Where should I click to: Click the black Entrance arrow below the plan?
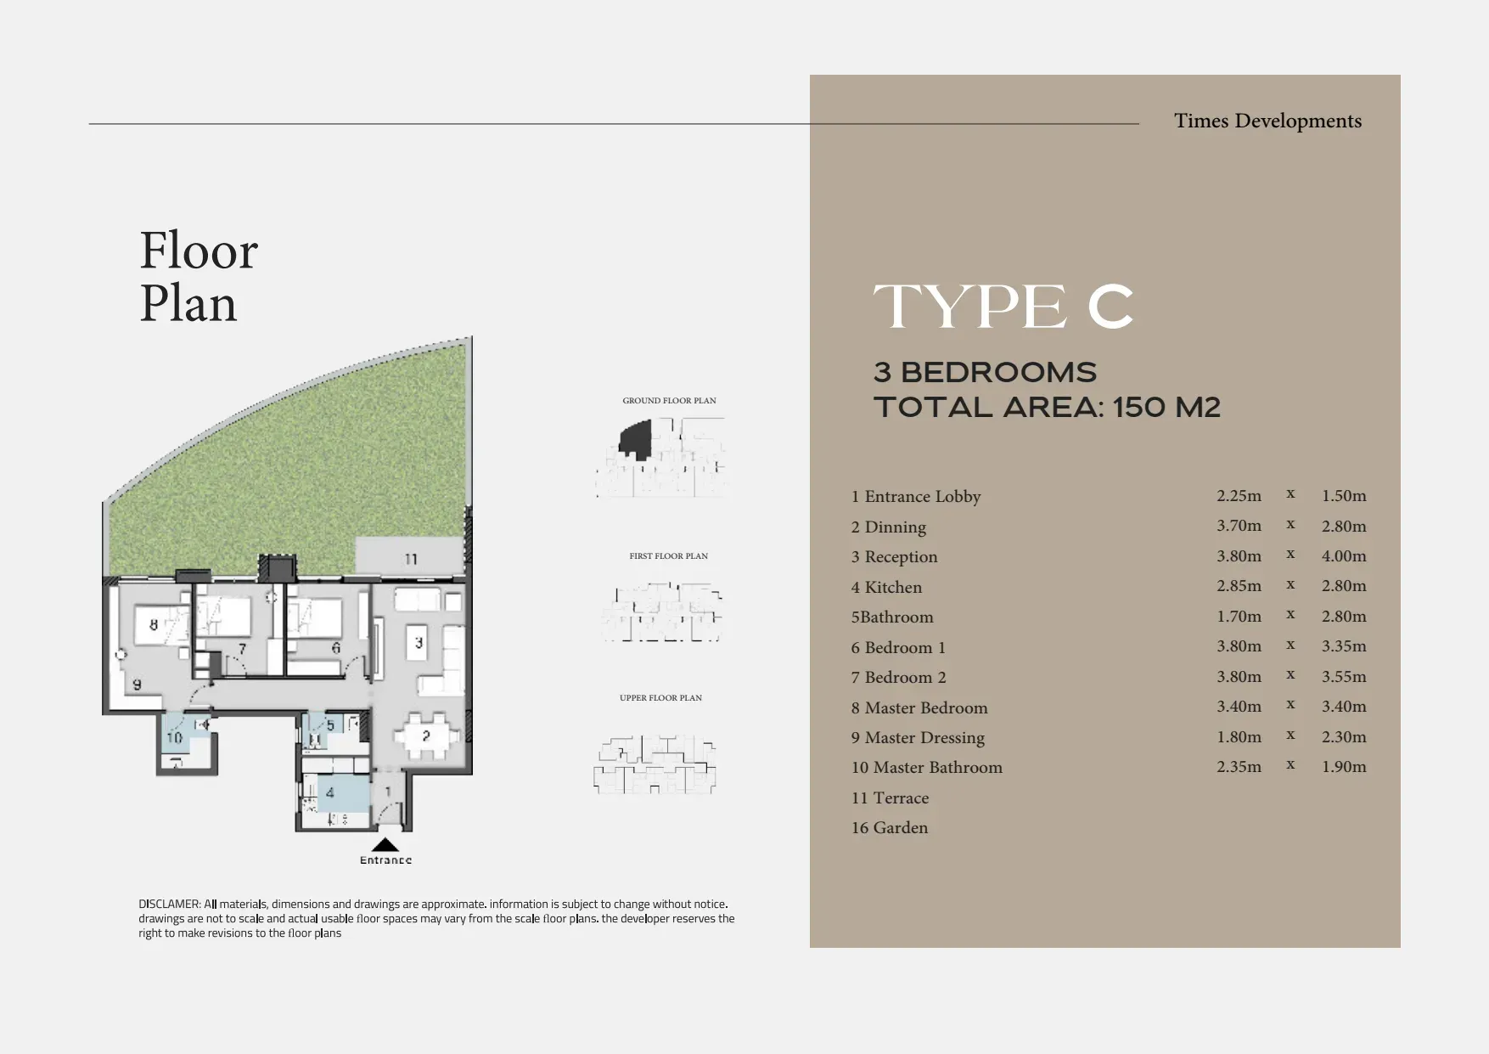pos(385,845)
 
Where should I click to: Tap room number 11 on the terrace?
pos(411,559)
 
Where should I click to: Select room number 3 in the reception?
pos(419,643)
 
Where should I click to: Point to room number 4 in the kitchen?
pos(330,793)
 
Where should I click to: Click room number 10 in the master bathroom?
pos(174,737)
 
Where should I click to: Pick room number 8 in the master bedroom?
pos(154,625)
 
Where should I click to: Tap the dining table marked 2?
pos(425,736)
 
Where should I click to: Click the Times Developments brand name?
pos(1267,121)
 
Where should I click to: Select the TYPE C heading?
pos(1003,307)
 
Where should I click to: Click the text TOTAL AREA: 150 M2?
pos(1047,407)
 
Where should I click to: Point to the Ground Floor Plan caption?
pos(669,400)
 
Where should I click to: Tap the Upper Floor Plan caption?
pos(660,697)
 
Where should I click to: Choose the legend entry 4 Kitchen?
pos(886,587)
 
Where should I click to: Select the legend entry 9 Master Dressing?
pos(918,738)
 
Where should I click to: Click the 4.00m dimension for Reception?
pos(1344,555)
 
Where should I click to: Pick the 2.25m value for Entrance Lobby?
pos(1239,495)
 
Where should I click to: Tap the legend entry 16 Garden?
pos(890,827)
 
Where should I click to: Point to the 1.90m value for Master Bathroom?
pos(1344,766)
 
